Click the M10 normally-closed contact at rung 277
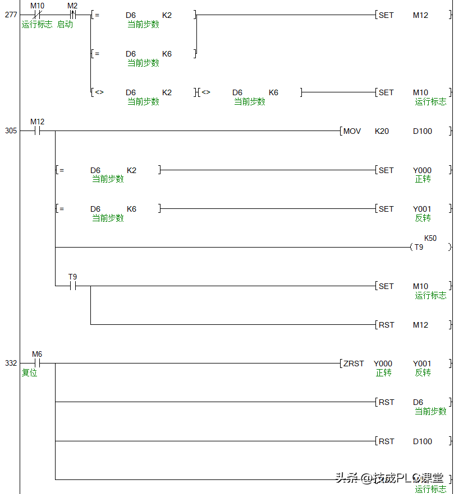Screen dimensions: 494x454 point(37,15)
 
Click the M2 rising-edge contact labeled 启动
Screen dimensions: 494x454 point(72,15)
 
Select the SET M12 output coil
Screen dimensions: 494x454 point(412,15)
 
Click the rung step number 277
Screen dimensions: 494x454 point(11,15)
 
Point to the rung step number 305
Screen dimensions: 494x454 point(11,131)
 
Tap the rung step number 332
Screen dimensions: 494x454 point(11,363)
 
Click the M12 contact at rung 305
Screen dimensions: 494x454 point(37,131)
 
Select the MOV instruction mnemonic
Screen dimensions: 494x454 point(352,131)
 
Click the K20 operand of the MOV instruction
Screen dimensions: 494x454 point(382,131)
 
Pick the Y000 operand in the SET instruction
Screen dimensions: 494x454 point(422,170)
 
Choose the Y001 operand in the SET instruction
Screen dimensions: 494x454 point(422,209)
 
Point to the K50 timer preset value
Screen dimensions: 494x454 point(430,238)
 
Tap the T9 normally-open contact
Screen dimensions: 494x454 point(72,286)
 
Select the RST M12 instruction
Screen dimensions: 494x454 point(412,325)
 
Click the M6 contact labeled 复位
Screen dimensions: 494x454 point(37,363)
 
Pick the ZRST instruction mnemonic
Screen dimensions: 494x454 point(354,363)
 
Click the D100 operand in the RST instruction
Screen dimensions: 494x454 point(422,441)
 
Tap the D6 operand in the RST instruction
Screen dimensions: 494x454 point(418,402)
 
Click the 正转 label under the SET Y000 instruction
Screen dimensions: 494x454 point(423,179)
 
